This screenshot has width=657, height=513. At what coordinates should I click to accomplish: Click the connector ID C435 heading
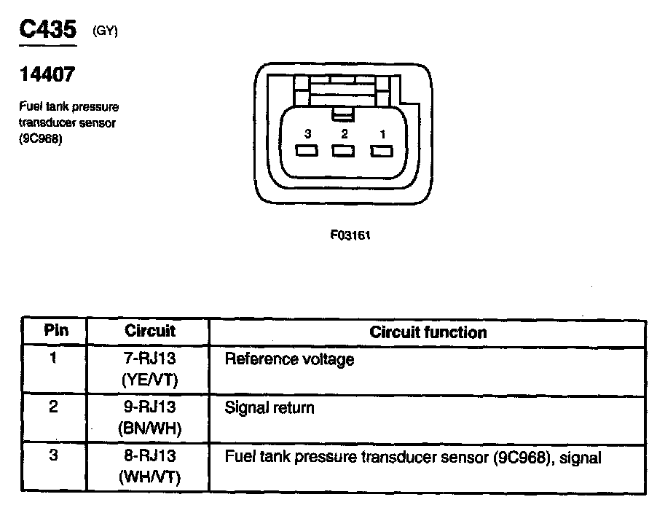click(47, 31)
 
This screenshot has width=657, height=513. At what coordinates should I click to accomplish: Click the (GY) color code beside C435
click(105, 31)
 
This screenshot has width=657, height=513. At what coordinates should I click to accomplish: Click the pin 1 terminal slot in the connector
click(381, 152)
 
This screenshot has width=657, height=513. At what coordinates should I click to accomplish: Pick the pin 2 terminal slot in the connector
click(344, 152)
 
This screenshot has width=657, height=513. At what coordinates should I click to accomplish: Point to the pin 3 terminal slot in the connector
click(307, 152)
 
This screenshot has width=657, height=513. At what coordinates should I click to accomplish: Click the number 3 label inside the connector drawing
click(308, 134)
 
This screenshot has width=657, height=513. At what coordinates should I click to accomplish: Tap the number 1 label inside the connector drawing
click(382, 134)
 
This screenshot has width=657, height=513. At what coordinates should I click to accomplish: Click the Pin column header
click(55, 331)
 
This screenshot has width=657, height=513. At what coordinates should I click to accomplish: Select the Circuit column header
click(150, 331)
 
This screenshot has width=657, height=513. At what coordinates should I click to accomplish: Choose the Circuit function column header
click(428, 332)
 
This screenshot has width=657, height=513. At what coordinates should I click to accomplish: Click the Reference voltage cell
click(289, 359)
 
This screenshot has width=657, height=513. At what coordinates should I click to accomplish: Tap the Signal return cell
click(270, 407)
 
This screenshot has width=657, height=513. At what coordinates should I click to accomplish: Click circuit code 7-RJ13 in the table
click(150, 359)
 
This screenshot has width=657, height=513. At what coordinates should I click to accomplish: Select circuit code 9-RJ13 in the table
click(150, 407)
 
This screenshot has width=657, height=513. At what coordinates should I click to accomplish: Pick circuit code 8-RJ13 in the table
click(150, 457)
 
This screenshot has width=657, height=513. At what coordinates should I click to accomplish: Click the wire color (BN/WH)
click(149, 428)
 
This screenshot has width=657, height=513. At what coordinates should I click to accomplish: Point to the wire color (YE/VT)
click(149, 380)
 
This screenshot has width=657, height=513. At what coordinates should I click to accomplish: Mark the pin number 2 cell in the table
click(54, 407)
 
